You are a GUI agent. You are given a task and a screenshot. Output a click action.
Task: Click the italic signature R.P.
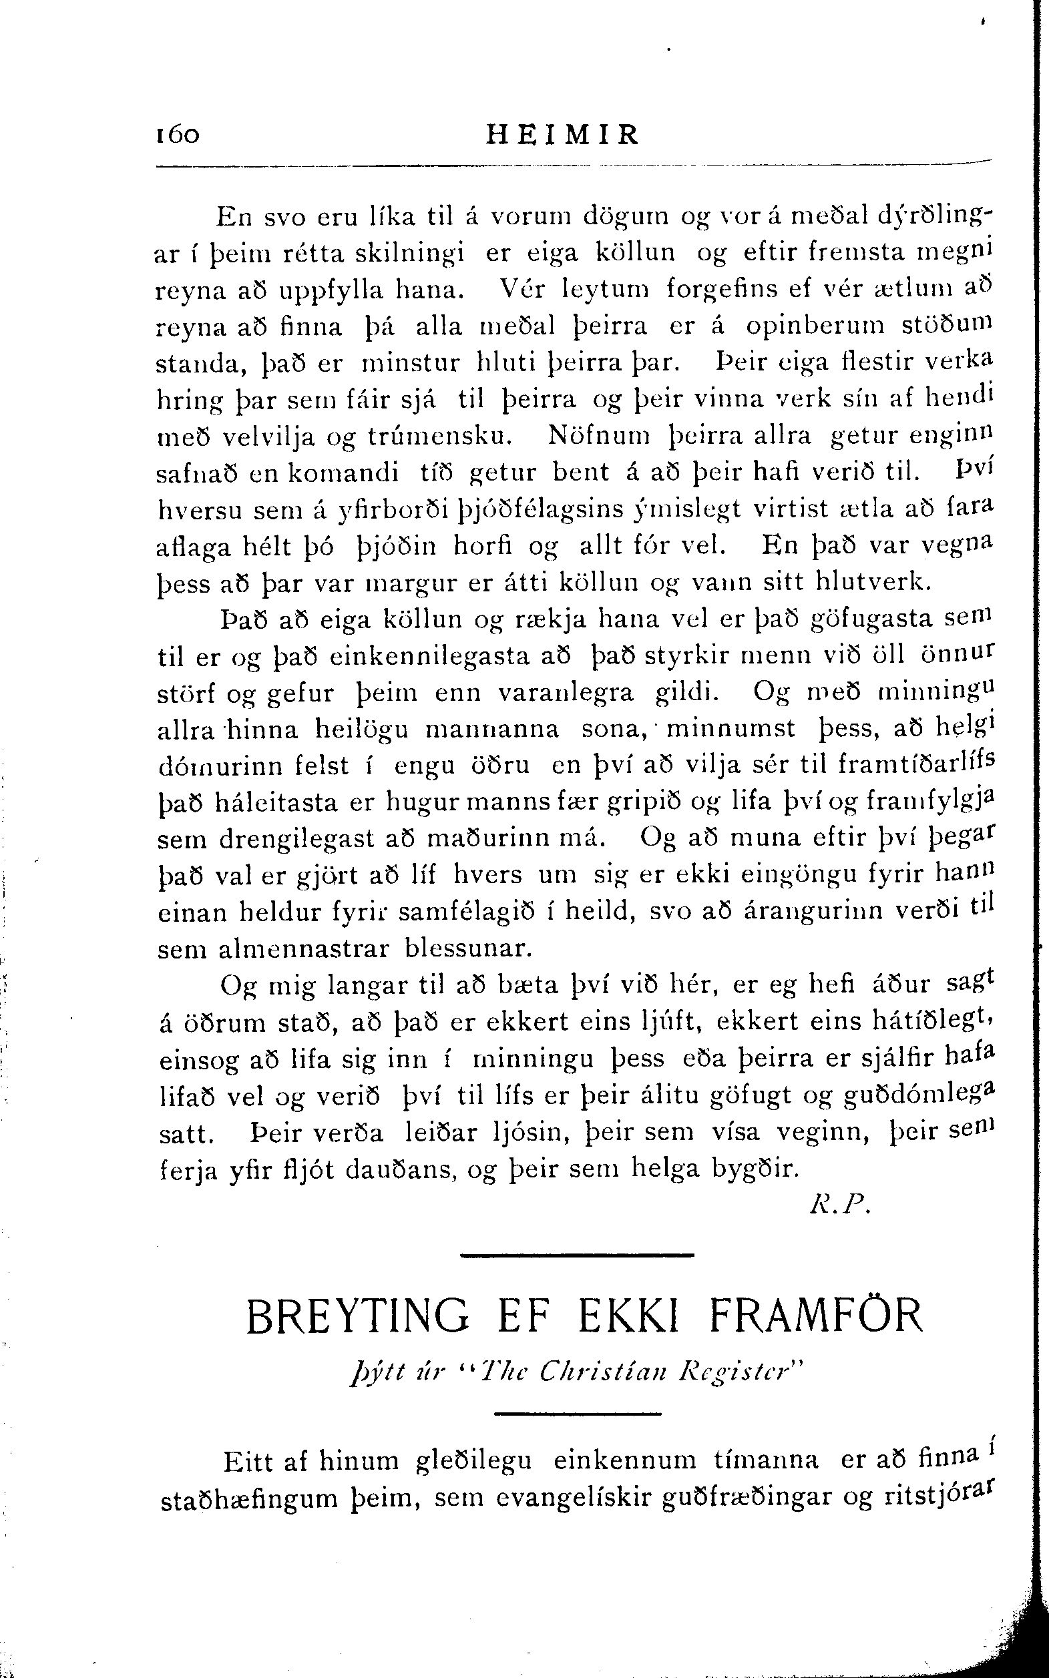point(839,1207)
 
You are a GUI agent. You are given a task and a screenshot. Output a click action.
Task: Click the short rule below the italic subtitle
point(579,1414)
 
